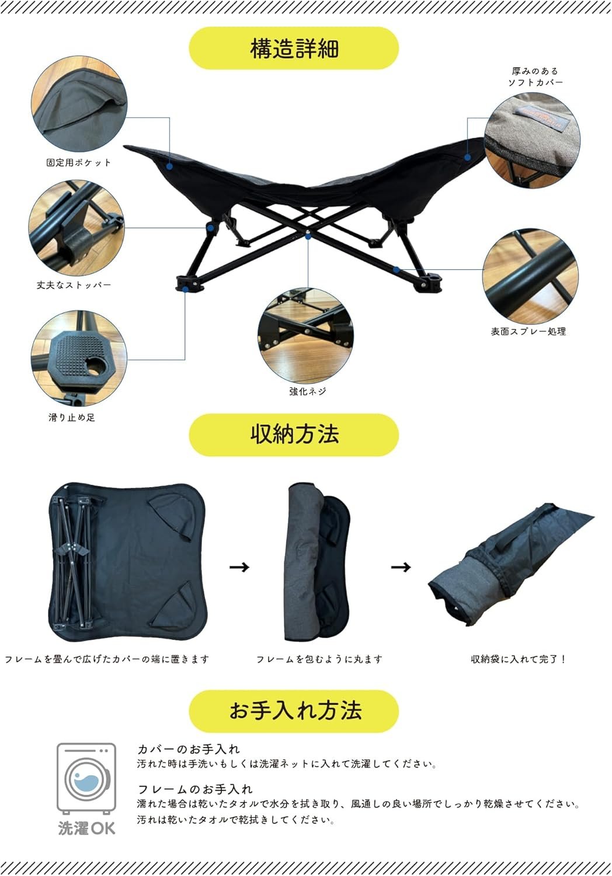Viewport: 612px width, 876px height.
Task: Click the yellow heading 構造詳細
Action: (294, 48)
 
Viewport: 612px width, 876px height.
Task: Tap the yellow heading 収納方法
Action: (294, 434)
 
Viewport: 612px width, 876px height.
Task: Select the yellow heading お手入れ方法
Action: (294, 711)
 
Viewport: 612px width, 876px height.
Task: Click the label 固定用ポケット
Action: (79, 163)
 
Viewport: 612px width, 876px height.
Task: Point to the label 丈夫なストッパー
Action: (74, 285)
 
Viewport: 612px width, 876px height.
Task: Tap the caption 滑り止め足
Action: (72, 418)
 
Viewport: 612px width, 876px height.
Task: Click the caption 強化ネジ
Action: (308, 391)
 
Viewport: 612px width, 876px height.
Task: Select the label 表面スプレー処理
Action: (528, 331)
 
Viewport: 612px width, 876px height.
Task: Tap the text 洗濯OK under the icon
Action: (86, 828)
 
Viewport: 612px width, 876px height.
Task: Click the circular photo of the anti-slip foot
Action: (79, 358)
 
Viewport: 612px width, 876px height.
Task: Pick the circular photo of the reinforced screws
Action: (305, 336)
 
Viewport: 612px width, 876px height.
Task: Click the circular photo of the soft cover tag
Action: (532, 140)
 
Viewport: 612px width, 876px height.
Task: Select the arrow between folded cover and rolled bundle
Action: (239, 566)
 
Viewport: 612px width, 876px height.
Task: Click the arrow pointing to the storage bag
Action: (401, 566)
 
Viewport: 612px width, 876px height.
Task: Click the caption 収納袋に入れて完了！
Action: (519, 659)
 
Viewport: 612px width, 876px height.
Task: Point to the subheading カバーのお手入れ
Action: (188, 749)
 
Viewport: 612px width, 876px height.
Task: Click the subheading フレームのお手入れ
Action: (195, 789)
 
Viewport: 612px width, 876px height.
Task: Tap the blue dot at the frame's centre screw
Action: (308, 237)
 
